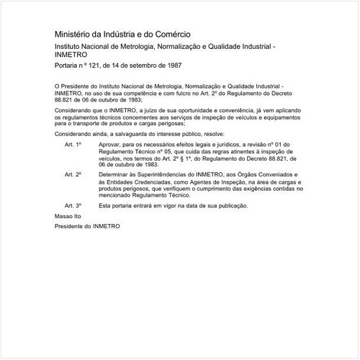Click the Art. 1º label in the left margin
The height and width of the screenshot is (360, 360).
point(73,145)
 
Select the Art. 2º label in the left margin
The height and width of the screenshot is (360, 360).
point(73,175)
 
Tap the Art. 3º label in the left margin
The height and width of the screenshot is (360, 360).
point(73,205)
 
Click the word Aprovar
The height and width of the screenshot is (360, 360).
point(111,145)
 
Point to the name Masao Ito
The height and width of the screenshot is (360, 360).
point(68,215)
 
